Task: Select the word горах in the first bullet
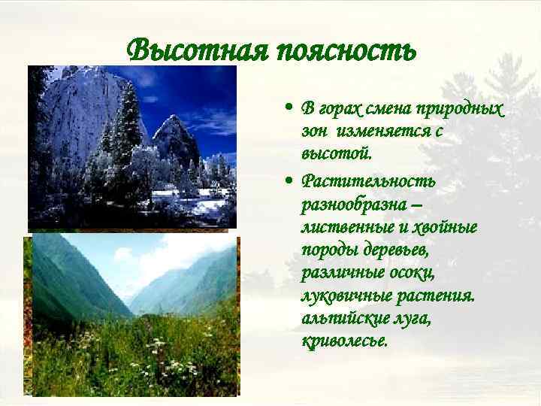[x=337, y=109]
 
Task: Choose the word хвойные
[x=444, y=227]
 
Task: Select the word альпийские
[x=342, y=319]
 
